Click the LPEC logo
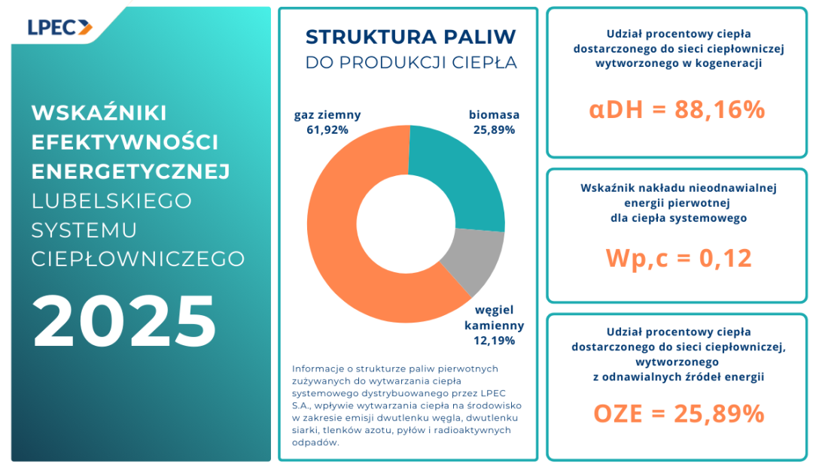(59, 27)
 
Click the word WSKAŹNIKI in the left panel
(99, 113)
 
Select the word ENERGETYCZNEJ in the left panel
(130, 171)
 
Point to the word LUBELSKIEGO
(111, 201)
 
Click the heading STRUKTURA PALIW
(410, 37)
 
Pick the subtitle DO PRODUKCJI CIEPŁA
(411, 63)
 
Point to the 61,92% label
(327, 129)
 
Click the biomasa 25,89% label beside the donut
(492, 123)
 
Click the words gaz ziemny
(327, 115)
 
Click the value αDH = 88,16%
(677, 110)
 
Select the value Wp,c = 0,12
(678, 258)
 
